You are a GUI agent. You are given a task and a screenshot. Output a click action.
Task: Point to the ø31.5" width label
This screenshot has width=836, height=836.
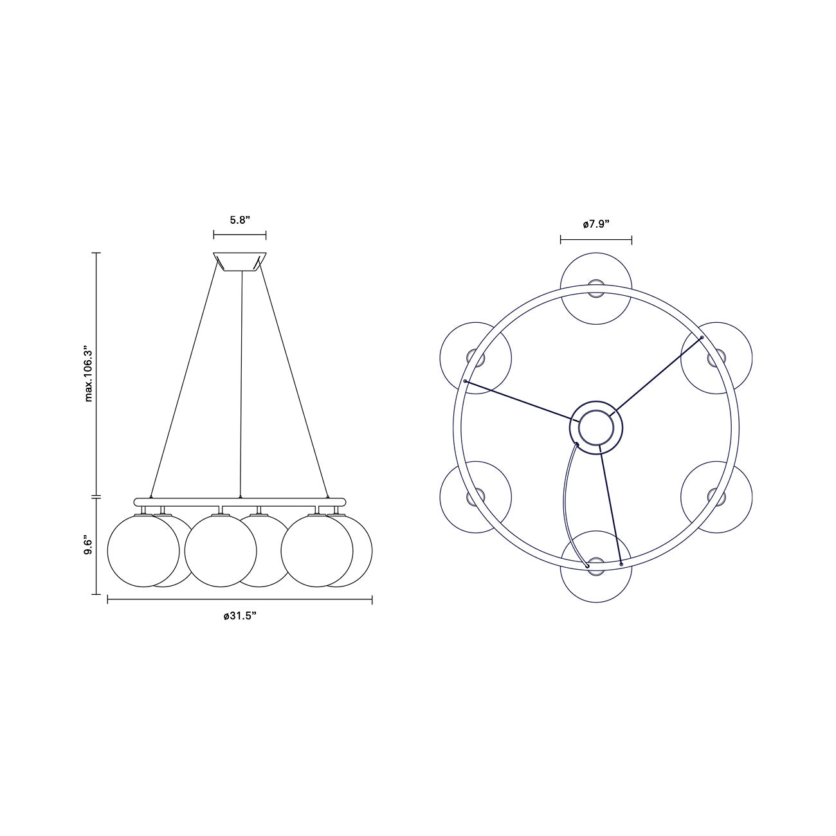pyautogui.click(x=240, y=615)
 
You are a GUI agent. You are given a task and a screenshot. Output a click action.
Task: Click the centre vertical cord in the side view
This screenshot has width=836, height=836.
pyautogui.click(x=241, y=386)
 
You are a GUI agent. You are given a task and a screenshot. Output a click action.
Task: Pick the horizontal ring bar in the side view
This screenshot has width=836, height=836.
pyautogui.click(x=240, y=501)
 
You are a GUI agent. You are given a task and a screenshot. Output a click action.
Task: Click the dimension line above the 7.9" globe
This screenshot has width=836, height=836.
pyautogui.click(x=596, y=241)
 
